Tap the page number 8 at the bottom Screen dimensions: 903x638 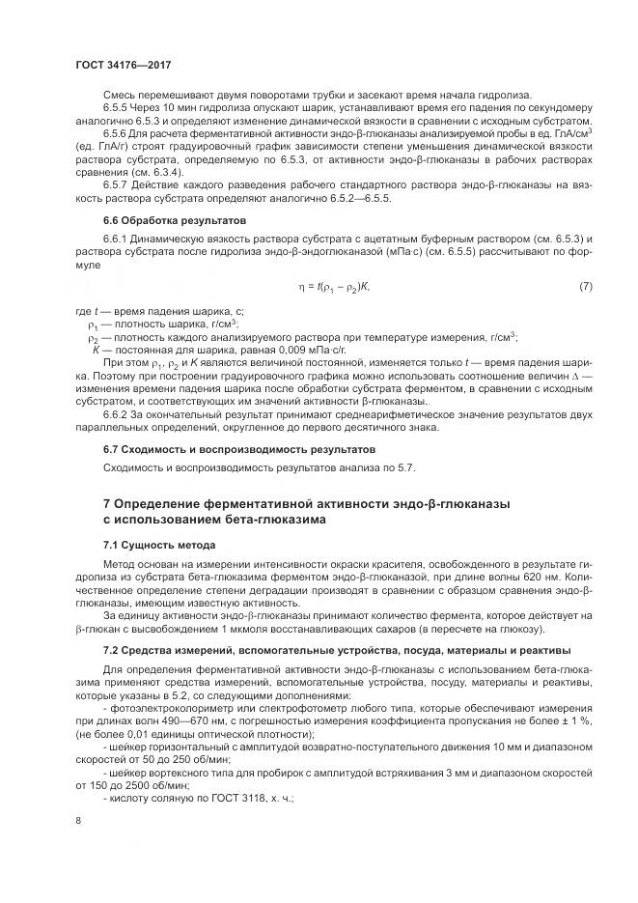click(77, 821)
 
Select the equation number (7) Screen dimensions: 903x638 click(585, 287)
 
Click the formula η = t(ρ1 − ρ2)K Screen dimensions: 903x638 click(335, 287)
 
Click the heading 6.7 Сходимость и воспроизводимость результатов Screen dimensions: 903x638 click(238, 449)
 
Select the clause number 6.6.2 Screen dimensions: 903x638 click(117, 413)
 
